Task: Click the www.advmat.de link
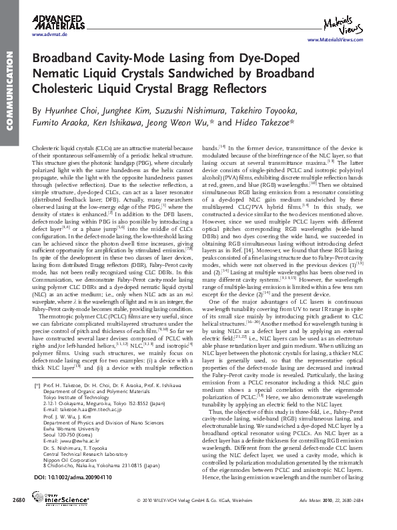point(47,34)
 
